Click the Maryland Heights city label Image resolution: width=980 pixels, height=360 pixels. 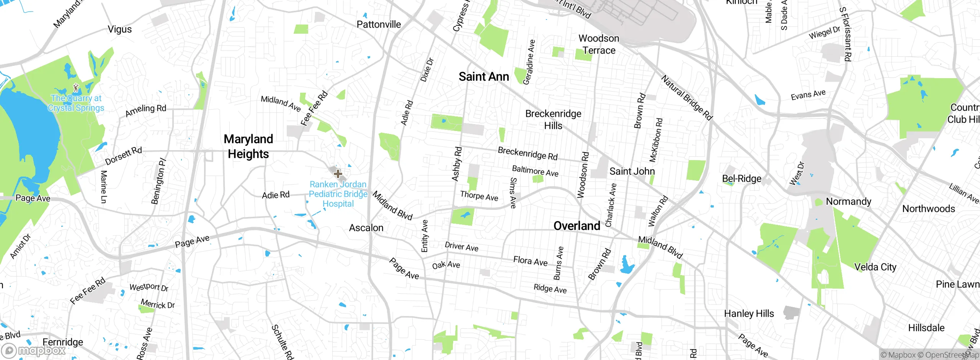point(248,146)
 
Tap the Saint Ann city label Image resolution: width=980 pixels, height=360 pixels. point(483,77)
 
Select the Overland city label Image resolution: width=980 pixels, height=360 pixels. point(577,226)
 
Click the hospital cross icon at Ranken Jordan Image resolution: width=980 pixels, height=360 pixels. point(338,174)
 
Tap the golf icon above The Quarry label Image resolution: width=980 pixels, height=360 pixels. point(77,88)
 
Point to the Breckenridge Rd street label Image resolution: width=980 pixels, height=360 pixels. point(527,153)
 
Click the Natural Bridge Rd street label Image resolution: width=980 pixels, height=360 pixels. point(686,98)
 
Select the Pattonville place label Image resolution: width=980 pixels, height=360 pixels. point(379,25)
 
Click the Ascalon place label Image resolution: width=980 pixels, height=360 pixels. point(366,228)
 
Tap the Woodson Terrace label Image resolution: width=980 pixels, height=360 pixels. point(599,44)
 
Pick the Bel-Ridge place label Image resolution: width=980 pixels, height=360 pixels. point(742,178)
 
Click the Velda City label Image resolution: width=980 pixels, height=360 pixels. point(875,267)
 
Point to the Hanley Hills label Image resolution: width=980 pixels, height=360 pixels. point(749,314)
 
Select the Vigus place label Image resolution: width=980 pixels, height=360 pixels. point(119,29)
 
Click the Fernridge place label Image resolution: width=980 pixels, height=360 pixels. point(63,342)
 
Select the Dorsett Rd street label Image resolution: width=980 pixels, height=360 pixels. point(123,155)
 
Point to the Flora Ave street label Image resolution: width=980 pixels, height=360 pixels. point(530,261)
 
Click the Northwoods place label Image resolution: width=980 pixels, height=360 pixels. point(928,209)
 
